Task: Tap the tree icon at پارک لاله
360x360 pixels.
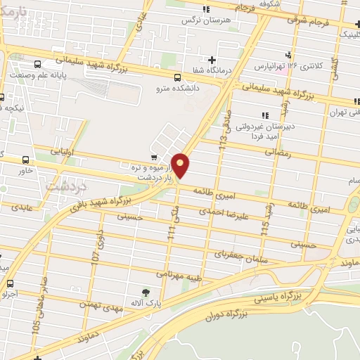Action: [x=146, y=292]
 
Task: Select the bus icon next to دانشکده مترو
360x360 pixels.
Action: [x=176, y=77]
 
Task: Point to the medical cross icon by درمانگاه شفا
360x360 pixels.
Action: [x=212, y=59]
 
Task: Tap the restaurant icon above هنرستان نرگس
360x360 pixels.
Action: [x=206, y=9]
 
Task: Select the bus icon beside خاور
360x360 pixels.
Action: [x=26, y=160]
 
